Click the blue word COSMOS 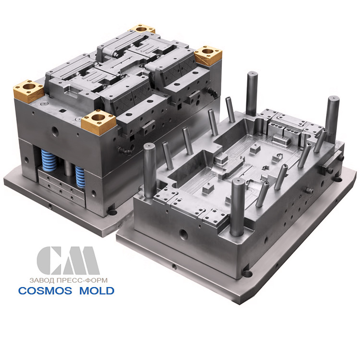[x=45, y=291]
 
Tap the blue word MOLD [x=97, y=291]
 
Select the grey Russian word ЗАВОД [x=42, y=280]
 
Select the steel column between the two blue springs [x=68, y=168]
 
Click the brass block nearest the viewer [x=98, y=122]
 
